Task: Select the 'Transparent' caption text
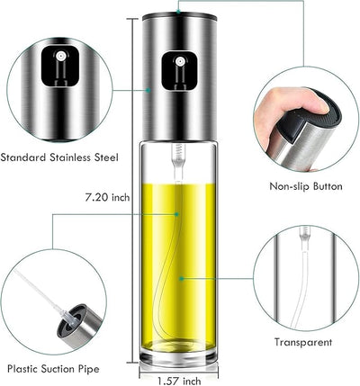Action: pos(301,342)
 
